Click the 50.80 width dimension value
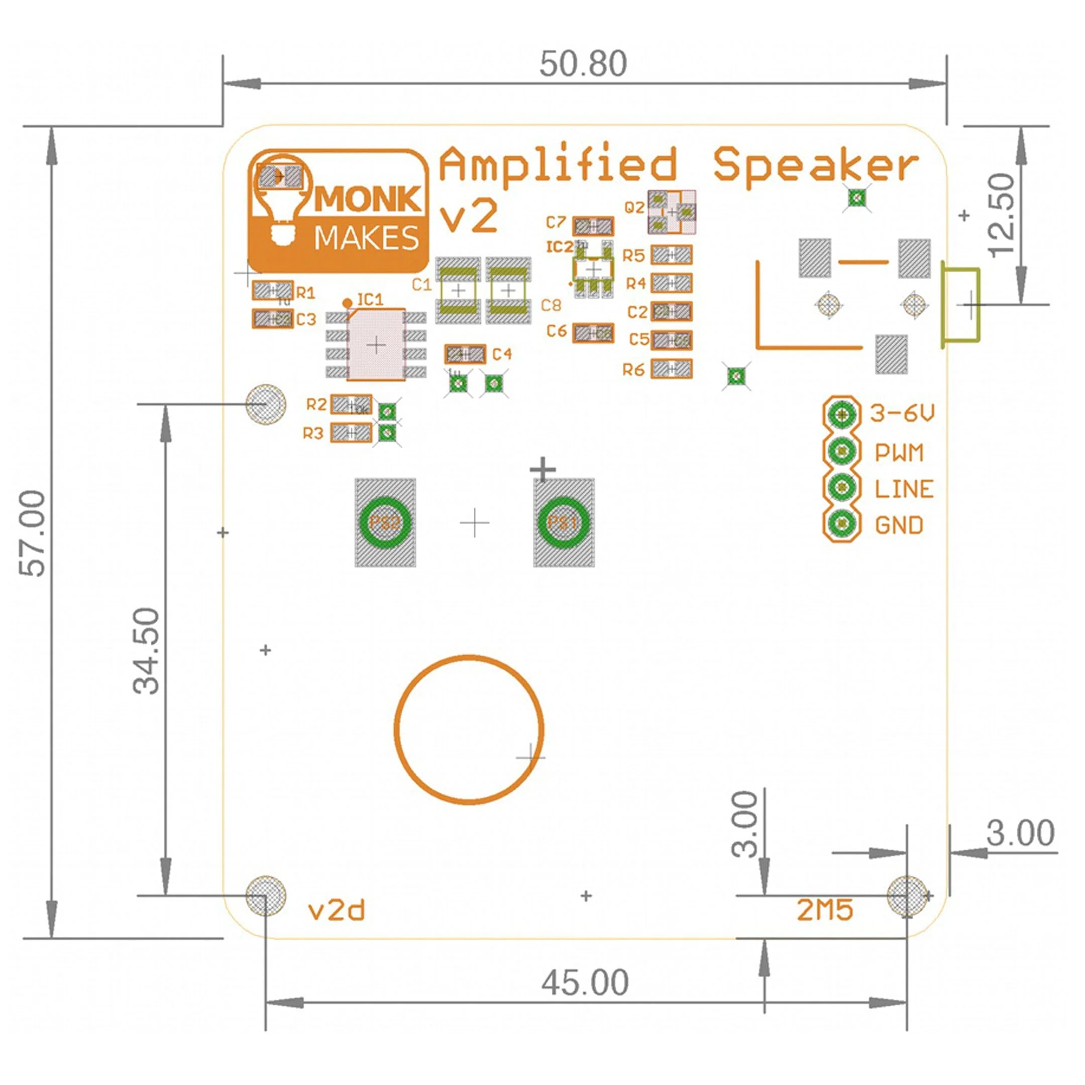point(582,63)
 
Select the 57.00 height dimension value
point(33,533)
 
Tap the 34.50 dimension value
point(147,651)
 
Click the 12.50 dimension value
point(1003,215)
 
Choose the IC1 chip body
point(376,344)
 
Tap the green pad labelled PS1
point(563,523)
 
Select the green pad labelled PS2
point(385,523)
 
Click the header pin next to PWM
point(842,451)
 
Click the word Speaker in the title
point(815,166)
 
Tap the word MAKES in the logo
point(366,239)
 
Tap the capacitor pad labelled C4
point(465,354)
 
